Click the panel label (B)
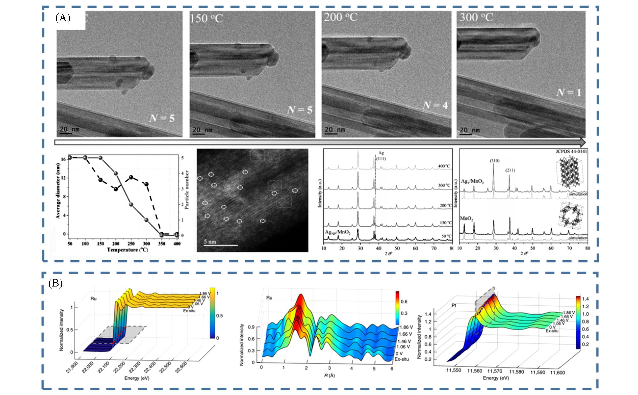click(x=55, y=284)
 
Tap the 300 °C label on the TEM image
click(x=476, y=18)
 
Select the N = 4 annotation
click(x=435, y=105)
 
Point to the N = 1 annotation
click(x=569, y=92)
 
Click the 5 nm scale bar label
click(x=210, y=242)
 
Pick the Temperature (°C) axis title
click(x=127, y=250)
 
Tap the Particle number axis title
click(x=187, y=190)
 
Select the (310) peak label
click(x=494, y=161)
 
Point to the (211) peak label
click(x=510, y=170)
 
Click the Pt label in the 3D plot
click(x=454, y=305)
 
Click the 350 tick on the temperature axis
click(x=162, y=244)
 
